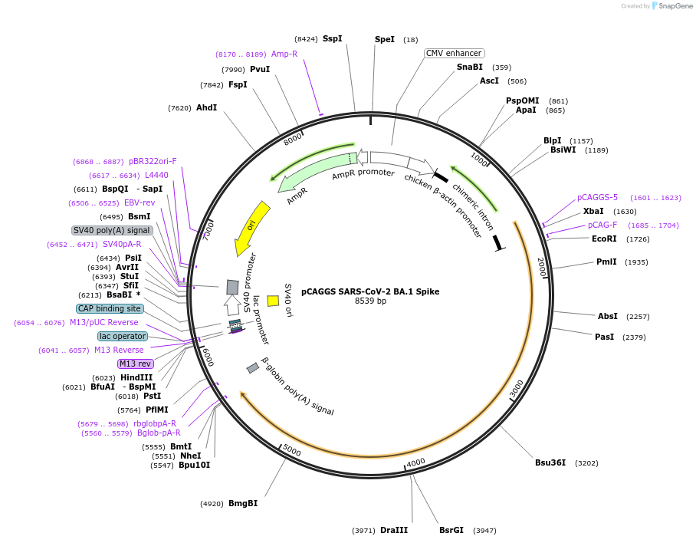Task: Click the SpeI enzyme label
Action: click(x=384, y=39)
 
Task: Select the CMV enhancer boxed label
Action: click(x=454, y=53)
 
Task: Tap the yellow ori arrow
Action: click(x=252, y=227)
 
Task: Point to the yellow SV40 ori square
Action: click(x=273, y=301)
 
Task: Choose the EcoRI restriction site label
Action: click(x=604, y=239)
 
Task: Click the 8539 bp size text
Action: click(x=370, y=301)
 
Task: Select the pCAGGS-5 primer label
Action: click(x=597, y=197)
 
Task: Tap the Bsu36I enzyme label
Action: click(x=550, y=462)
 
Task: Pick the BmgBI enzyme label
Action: click(x=243, y=503)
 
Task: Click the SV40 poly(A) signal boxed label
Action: click(x=112, y=230)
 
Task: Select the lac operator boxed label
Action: click(x=122, y=336)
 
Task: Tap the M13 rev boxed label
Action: click(x=136, y=364)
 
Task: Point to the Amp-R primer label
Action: click(x=284, y=54)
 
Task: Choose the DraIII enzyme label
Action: click(x=394, y=530)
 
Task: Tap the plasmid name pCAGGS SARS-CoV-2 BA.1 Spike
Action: click(x=370, y=291)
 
